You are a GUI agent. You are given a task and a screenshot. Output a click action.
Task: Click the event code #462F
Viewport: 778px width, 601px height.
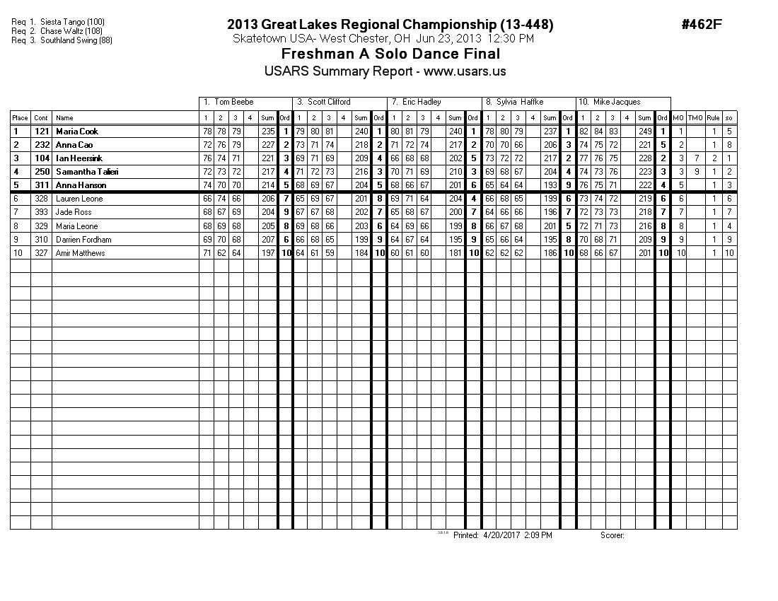point(702,25)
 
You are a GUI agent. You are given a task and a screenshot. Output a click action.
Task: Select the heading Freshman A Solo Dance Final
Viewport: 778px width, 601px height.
point(390,54)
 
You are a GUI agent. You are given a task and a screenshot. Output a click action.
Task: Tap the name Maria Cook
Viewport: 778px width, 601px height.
point(77,132)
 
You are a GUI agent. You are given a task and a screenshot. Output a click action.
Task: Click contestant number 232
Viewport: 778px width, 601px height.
point(41,145)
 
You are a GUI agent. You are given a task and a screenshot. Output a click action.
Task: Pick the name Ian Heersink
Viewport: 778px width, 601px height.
point(79,158)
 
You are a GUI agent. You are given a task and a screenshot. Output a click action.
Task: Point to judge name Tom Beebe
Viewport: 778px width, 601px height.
point(233,103)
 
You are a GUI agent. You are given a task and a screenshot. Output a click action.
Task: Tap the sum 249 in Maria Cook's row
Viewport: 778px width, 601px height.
point(644,132)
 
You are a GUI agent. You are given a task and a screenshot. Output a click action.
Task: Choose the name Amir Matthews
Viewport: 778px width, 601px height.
point(81,253)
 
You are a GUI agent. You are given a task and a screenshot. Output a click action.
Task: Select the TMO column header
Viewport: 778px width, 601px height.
point(695,118)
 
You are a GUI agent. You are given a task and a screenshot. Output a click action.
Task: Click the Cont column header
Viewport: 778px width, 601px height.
point(41,118)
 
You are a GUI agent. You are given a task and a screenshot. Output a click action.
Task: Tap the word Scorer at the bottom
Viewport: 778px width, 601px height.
point(612,535)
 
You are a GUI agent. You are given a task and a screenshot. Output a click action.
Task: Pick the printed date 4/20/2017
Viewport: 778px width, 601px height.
point(501,535)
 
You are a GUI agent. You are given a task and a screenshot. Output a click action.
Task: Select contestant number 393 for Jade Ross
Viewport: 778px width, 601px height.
point(41,213)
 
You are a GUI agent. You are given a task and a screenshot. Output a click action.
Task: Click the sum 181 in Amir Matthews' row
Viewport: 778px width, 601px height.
point(455,253)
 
